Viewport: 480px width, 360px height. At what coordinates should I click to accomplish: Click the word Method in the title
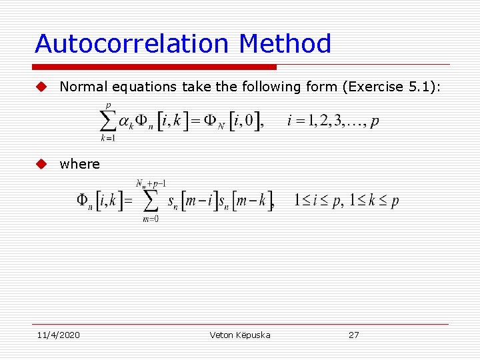pyautogui.click(x=285, y=44)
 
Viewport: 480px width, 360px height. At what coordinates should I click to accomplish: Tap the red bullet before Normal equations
pyautogui.click(x=41, y=87)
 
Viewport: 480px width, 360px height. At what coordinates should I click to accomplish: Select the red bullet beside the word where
pyautogui.click(x=41, y=164)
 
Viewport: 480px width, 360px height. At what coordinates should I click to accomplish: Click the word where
pyautogui.click(x=79, y=164)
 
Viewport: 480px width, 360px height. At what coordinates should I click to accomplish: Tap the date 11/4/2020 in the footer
pyautogui.click(x=57, y=335)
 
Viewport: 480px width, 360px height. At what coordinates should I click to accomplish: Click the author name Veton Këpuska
pyautogui.click(x=240, y=335)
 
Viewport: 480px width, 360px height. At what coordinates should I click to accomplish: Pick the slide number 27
pyautogui.click(x=353, y=335)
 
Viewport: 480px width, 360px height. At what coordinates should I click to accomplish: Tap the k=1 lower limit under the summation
pyautogui.click(x=107, y=139)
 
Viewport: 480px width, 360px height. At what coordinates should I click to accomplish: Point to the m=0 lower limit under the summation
pyautogui.click(x=151, y=220)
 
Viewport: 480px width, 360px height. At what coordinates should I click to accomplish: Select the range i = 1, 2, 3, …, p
pyautogui.click(x=333, y=121)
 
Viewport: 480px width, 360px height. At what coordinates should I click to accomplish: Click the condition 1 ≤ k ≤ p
pyautogui.click(x=372, y=201)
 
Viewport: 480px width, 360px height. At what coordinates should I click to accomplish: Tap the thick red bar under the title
pyautogui.click(x=155, y=67)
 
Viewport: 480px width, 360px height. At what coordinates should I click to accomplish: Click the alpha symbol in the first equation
pyautogui.click(x=124, y=122)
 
